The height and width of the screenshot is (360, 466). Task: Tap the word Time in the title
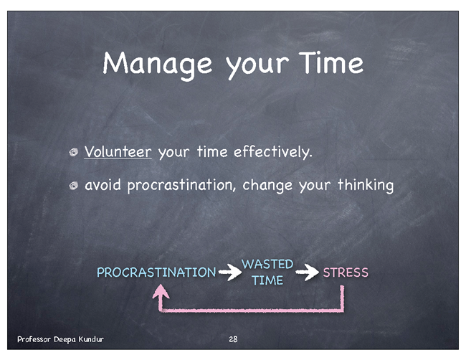point(331,62)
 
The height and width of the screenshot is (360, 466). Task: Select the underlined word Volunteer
point(118,152)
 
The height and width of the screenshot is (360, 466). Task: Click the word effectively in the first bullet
point(273,152)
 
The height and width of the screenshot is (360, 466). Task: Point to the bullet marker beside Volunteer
point(73,152)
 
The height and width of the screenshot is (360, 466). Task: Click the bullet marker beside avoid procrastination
point(73,186)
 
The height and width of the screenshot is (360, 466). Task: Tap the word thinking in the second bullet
point(366,185)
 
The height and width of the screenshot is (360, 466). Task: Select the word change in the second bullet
point(267,186)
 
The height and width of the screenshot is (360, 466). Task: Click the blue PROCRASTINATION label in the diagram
point(156,273)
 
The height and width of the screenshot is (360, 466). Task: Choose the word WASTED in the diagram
point(267,264)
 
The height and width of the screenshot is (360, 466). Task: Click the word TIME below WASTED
point(267,280)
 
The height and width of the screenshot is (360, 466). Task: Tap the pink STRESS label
point(346,273)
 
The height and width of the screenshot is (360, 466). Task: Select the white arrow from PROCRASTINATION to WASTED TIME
point(230,272)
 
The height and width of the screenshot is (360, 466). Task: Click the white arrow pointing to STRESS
point(308,272)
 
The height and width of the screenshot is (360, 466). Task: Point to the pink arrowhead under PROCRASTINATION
point(161,291)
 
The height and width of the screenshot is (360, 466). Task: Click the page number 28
point(233,339)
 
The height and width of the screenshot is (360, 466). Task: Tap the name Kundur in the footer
point(91,339)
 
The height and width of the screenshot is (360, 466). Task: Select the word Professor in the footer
point(34,339)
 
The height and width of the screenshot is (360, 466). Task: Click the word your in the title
point(257,66)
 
